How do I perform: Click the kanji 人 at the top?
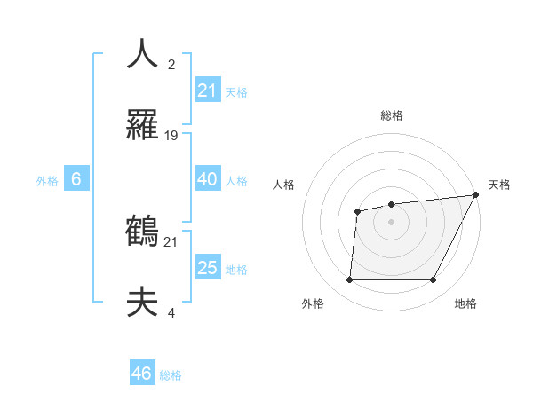tap(142, 53)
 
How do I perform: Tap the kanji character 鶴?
tap(142, 232)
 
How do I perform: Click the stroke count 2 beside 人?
tap(171, 64)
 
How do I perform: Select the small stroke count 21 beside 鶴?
tap(171, 241)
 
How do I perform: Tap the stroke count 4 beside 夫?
tap(171, 313)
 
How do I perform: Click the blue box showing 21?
tap(207, 90)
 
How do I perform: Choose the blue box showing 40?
tap(207, 179)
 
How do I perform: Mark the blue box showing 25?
tap(207, 268)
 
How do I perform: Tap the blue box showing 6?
tap(76, 179)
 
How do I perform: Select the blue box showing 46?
tap(142, 374)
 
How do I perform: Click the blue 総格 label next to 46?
tap(171, 375)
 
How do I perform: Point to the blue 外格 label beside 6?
tap(47, 181)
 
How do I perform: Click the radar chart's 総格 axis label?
tap(392, 115)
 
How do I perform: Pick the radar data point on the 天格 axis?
tap(476, 195)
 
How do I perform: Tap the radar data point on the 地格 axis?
tap(434, 280)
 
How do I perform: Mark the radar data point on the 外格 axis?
tap(349, 280)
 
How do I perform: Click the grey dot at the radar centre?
tap(391, 222)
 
